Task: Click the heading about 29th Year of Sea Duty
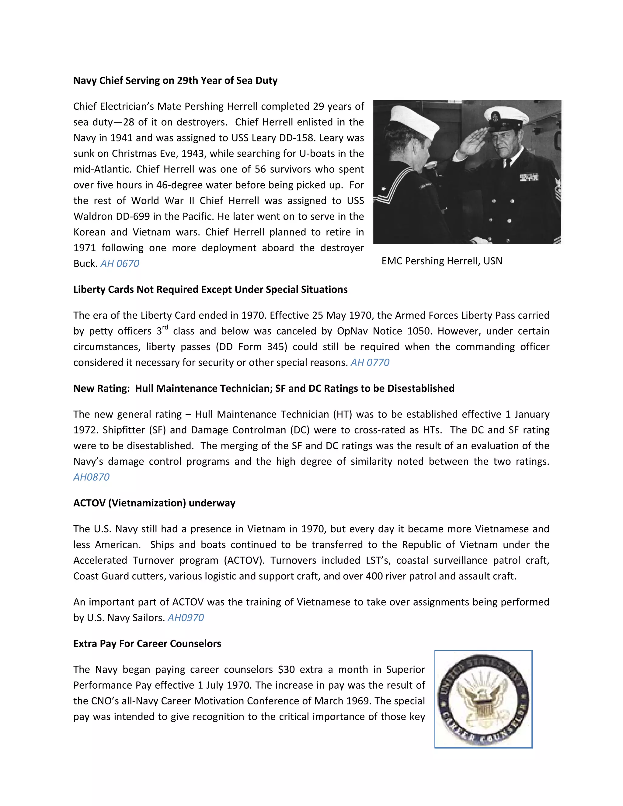pos(175,81)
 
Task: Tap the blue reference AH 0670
pos(120,263)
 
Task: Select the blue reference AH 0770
pos(370,363)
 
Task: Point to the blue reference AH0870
pos(91,477)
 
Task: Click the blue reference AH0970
pos(186,618)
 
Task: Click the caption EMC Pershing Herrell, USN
pos(442,261)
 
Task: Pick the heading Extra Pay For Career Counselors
pos(147,644)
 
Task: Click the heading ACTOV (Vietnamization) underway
pos(154,503)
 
